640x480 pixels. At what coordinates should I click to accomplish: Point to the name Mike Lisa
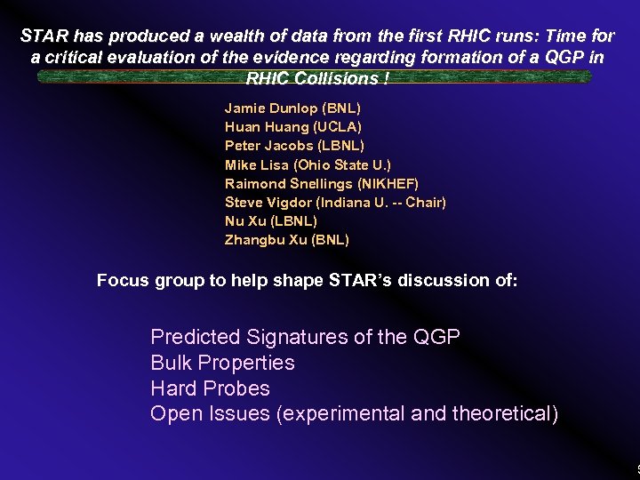coord(253,164)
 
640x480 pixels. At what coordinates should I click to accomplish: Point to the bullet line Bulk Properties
coord(222,363)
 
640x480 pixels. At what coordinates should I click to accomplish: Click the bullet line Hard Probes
coord(210,388)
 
